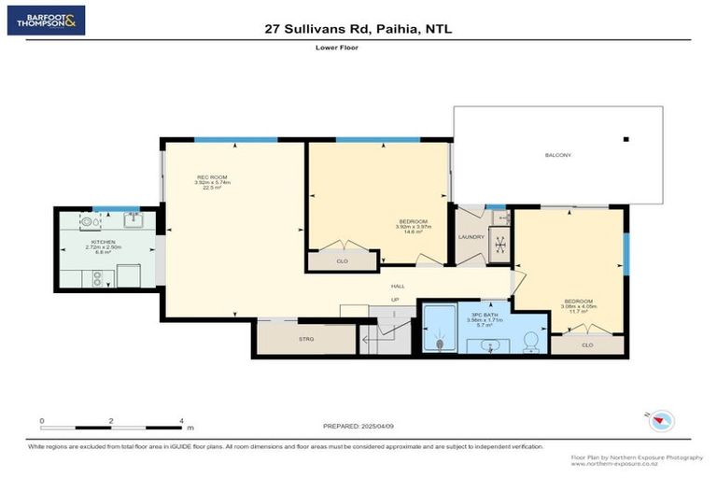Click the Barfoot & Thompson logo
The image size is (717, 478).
coord(46,20)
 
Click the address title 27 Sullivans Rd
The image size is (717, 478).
coord(358,29)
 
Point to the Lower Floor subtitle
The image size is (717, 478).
coord(358,47)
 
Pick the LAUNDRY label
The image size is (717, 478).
coord(470,237)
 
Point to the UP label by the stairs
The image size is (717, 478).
coord(395,300)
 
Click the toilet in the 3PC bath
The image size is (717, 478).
coord(531,342)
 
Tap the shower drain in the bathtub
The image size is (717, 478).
coord(439,344)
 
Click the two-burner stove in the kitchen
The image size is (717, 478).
coord(95,277)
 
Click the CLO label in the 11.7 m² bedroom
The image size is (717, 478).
coord(586,344)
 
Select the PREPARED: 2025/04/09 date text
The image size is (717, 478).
coord(359,426)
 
